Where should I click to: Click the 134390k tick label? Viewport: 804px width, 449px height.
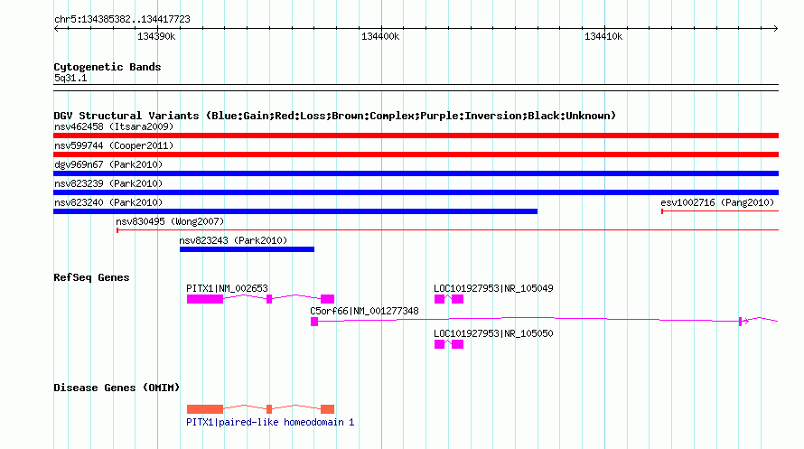156,36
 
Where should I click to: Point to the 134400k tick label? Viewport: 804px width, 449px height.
380,36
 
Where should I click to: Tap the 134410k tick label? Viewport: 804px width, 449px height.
603,36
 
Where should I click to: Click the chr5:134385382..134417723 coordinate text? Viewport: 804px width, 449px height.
122,20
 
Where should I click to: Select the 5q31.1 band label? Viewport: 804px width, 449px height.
70,78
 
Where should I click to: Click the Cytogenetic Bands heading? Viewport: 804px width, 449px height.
108,67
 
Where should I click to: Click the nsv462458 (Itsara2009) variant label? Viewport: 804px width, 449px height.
114,126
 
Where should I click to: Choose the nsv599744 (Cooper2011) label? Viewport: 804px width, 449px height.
114,145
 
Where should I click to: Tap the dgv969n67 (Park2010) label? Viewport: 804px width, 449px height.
108,164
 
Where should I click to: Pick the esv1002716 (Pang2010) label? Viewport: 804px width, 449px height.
717,202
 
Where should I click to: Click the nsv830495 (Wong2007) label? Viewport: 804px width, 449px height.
170,221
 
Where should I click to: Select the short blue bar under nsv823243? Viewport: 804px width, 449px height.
247,249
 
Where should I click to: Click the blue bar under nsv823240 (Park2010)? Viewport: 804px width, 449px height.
295,211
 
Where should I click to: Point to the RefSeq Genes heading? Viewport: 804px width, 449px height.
91,277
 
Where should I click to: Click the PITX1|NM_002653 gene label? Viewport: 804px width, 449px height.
227,288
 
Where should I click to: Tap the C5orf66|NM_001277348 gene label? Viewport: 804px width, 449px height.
364,311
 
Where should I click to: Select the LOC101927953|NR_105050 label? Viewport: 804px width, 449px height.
493,333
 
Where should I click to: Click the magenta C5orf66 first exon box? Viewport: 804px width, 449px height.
314,322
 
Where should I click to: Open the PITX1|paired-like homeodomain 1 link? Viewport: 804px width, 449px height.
270,422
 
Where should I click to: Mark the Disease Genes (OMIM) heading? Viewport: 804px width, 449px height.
117,388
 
